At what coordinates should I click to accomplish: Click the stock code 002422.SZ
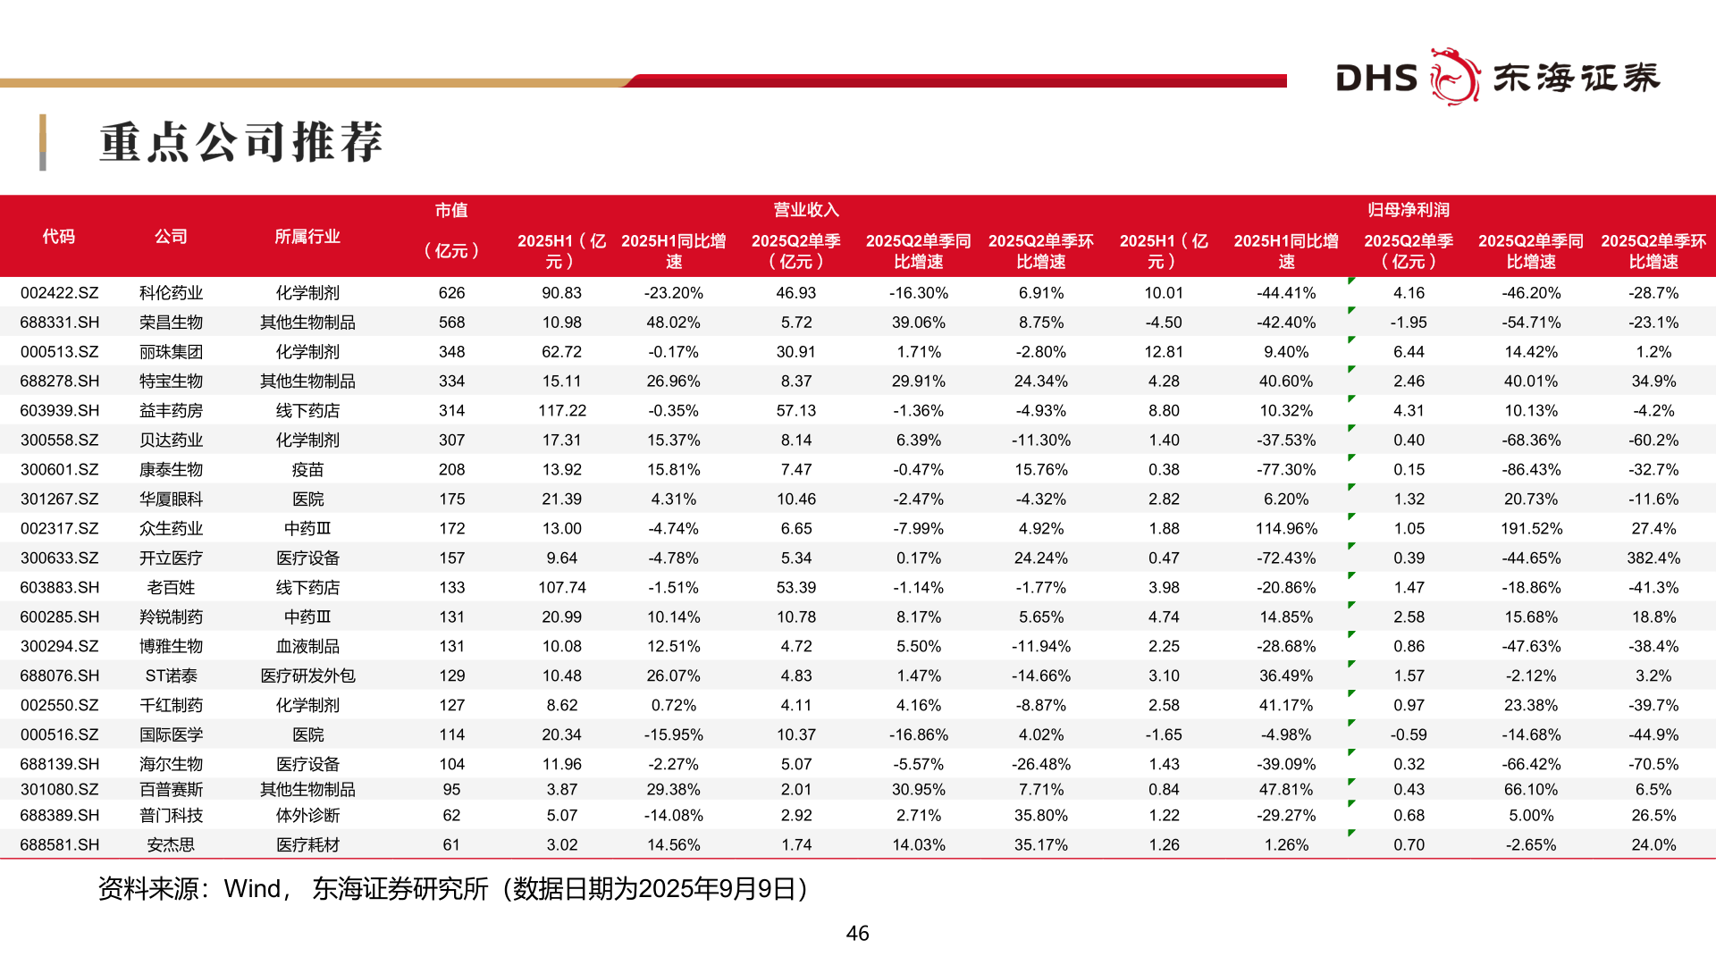(x=59, y=293)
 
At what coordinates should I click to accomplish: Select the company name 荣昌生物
(x=171, y=323)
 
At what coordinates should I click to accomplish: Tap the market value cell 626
(x=451, y=293)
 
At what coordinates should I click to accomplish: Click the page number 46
(x=857, y=934)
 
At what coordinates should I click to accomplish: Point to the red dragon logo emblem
(x=1454, y=77)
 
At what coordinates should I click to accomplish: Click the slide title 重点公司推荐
(x=241, y=142)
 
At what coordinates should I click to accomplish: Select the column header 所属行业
(x=307, y=237)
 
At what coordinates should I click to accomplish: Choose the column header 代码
(x=59, y=237)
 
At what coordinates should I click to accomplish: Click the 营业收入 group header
(x=805, y=210)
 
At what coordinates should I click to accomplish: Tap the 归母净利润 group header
(x=1408, y=210)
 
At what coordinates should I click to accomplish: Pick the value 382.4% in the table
(x=1653, y=558)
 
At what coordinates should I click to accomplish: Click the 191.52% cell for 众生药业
(x=1530, y=529)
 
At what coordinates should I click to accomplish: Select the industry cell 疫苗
(x=307, y=470)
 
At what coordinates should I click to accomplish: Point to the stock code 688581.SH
(x=59, y=845)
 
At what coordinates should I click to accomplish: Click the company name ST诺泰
(x=171, y=676)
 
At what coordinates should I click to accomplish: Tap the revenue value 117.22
(x=561, y=411)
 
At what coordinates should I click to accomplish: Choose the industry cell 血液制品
(x=307, y=647)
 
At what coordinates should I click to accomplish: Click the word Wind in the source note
(x=252, y=889)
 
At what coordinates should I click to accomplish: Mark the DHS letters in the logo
(x=1376, y=79)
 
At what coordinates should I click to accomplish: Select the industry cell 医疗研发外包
(x=307, y=676)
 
